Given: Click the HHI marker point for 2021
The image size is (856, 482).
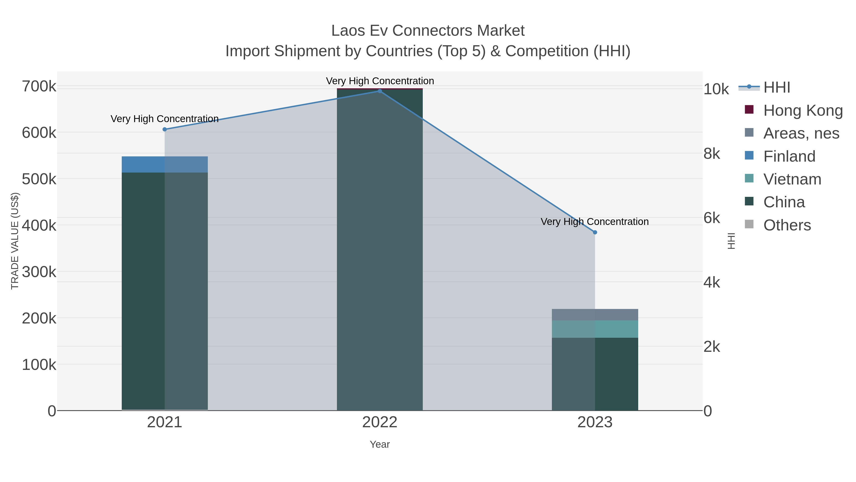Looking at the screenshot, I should click(x=165, y=129).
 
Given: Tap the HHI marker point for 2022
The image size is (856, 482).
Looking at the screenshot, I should click(x=380, y=91).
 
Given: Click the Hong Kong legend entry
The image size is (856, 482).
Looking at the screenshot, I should click(x=802, y=110).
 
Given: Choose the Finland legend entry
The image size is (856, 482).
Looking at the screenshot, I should click(x=789, y=156).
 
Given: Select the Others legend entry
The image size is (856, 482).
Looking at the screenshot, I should click(x=787, y=225).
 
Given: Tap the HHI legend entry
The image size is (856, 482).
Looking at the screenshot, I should click(x=777, y=88).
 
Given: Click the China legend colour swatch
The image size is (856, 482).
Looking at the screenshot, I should click(x=749, y=201).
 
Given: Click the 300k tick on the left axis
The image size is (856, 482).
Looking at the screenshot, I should click(x=39, y=272).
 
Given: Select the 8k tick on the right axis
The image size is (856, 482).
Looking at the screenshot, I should click(x=712, y=154).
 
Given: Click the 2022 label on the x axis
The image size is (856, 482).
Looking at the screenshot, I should click(x=380, y=422).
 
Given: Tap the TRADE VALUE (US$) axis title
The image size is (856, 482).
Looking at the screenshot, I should click(x=15, y=241).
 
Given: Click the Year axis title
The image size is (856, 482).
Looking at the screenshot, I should click(x=380, y=444).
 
